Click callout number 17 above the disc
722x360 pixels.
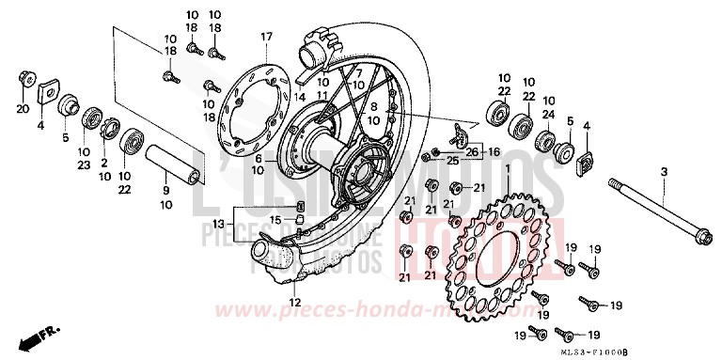[x=266, y=37]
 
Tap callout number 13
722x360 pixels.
[x=218, y=226]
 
